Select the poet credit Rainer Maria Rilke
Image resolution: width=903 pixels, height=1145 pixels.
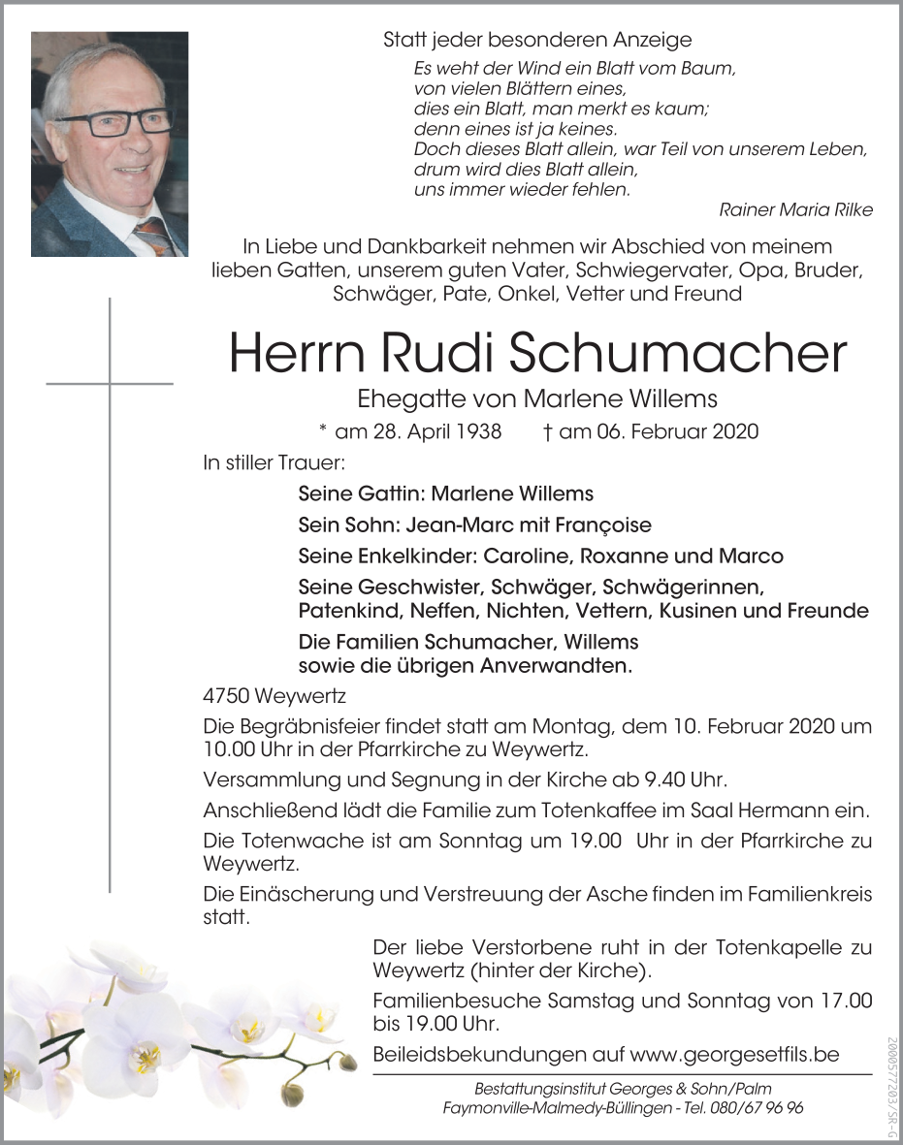[x=796, y=210]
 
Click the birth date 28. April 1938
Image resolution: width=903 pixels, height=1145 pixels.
[x=418, y=431]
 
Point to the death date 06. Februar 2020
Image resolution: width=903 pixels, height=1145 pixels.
[x=659, y=431]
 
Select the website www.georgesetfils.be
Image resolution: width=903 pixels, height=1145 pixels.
[x=734, y=1055]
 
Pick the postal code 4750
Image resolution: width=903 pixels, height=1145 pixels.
[x=226, y=697]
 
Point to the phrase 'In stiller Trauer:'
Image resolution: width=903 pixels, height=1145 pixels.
[x=274, y=463]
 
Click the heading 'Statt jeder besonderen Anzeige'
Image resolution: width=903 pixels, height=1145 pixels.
[x=537, y=40]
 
